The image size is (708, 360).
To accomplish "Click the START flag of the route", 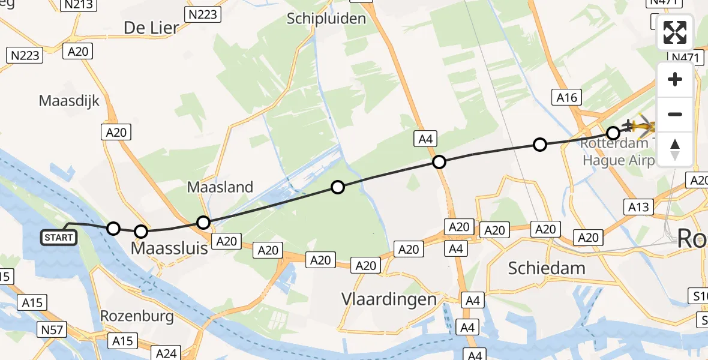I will [59, 238].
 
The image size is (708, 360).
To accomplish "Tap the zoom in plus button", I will [675, 80].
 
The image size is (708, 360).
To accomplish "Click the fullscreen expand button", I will [675, 32].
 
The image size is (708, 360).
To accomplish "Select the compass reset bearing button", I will [675, 149].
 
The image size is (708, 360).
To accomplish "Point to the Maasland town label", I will [220, 187].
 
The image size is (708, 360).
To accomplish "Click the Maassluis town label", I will [170, 247].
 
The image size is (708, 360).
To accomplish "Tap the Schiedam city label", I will [546, 268].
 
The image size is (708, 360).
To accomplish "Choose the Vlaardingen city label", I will [389, 299].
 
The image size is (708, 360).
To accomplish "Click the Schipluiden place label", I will [326, 19].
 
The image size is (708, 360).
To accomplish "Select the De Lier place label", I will [152, 27].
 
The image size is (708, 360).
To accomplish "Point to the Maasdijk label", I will [69, 100].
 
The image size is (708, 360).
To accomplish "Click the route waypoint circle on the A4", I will [439, 162].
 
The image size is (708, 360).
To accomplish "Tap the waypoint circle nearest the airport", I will [613, 133].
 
